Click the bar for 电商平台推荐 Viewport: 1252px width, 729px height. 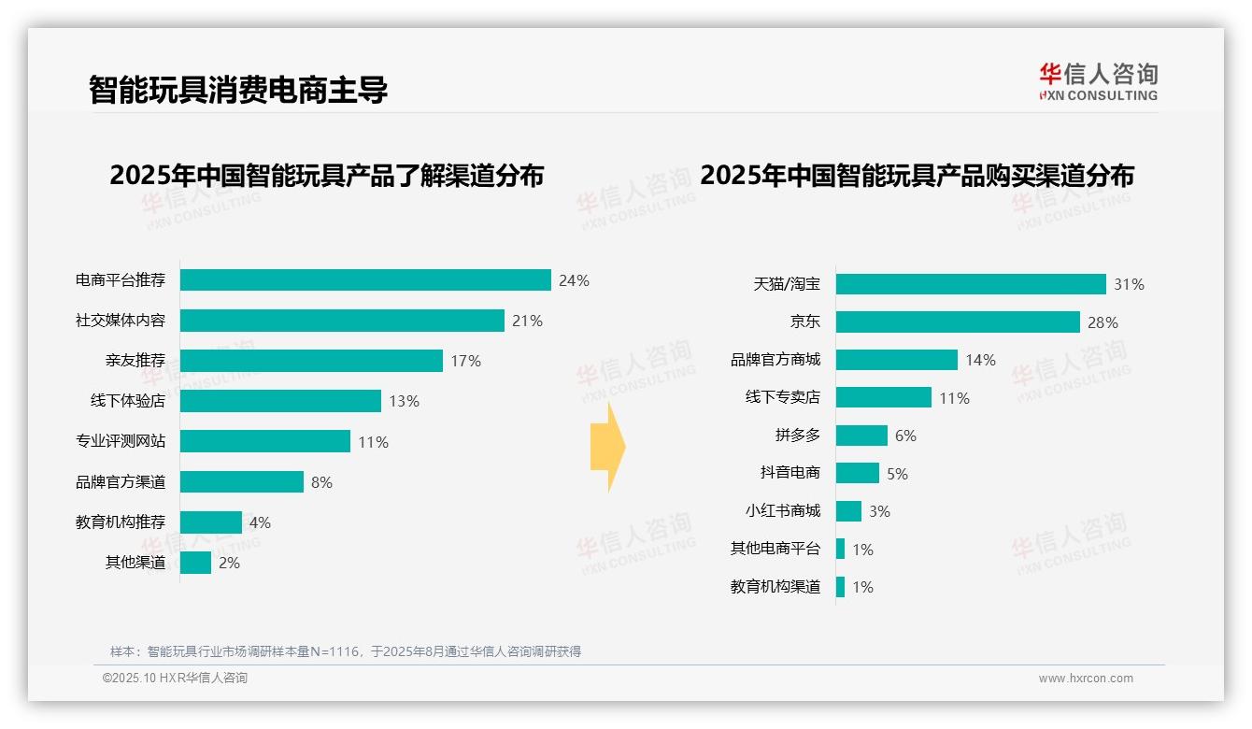pyautogui.click(x=365, y=280)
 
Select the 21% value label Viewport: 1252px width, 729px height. pyautogui.click(x=527, y=321)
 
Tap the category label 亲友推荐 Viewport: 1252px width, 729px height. pyautogui.click(x=135, y=361)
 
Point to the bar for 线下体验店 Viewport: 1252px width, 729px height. pyautogui.click(x=280, y=401)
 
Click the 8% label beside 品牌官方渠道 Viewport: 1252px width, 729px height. pyautogui.click(x=321, y=482)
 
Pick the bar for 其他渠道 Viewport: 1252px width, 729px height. pyautogui.click(x=195, y=563)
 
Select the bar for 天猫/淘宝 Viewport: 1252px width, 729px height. pyautogui.click(x=971, y=284)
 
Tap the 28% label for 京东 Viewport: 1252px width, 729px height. pyautogui.click(x=1103, y=322)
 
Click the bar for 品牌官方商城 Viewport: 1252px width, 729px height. pyautogui.click(x=896, y=360)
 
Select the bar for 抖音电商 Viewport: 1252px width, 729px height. pyautogui.click(x=857, y=473)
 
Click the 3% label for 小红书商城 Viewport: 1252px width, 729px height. pyautogui.click(x=879, y=511)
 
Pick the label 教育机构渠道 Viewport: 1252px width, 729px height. pyautogui.click(x=775, y=587)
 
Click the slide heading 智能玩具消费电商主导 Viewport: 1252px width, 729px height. pyautogui.click(x=237, y=90)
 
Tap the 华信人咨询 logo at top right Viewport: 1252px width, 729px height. pyautogui.click(x=1098, y=81)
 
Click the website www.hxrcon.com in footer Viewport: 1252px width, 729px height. pyautogui.click(x=1085, y=679)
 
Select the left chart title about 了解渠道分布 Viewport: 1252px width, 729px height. pyautogui.click(x=326, y=176)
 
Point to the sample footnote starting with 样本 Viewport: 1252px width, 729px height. pyautogui.click(x=346, y=651)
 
